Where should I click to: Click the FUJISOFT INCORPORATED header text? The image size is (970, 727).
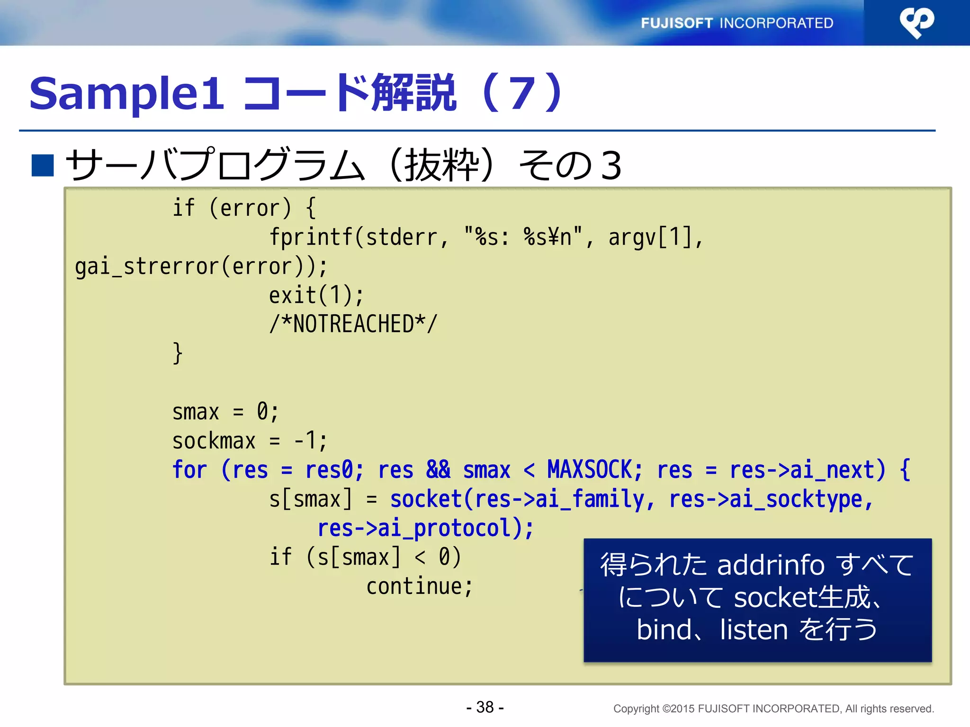[x=736, y=23]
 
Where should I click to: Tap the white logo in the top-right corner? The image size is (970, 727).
[x=916, y=23]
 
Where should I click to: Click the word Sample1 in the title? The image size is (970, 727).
[x=126, y=94]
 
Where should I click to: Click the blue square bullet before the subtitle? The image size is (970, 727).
[x=43, y=165]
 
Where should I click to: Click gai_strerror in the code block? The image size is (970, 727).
[x=147, y=266]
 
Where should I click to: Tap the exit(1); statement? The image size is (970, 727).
[x=316, y=295]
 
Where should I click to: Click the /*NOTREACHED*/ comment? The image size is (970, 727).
[x=353, y=324]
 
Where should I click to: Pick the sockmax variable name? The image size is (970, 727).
[x=214, y=441]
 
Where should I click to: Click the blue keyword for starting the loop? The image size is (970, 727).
[x=189, y=470]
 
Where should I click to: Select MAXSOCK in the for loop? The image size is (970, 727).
[x=590, y=470]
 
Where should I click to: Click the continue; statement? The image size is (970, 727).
[x=419, y=587]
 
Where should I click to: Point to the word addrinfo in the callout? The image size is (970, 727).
[x=771, y=565]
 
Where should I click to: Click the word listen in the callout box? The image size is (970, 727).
[x=753, y=630]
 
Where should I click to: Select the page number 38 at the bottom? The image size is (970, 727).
[x=485, y=707]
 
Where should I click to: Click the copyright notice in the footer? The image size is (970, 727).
[x=773, y=709]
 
